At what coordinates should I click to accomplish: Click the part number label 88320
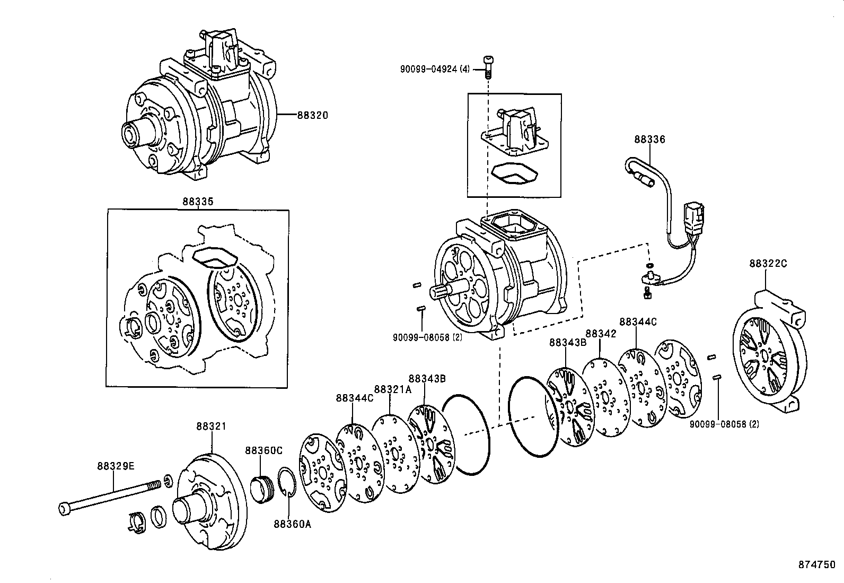point(312,115)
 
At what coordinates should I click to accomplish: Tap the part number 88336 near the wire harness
point(649,140)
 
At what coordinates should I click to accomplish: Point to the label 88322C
point(768,263)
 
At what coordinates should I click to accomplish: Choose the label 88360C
point(263,450)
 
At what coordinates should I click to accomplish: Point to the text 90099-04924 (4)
point(435,68)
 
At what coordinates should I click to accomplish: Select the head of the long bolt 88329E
point(63,509)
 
